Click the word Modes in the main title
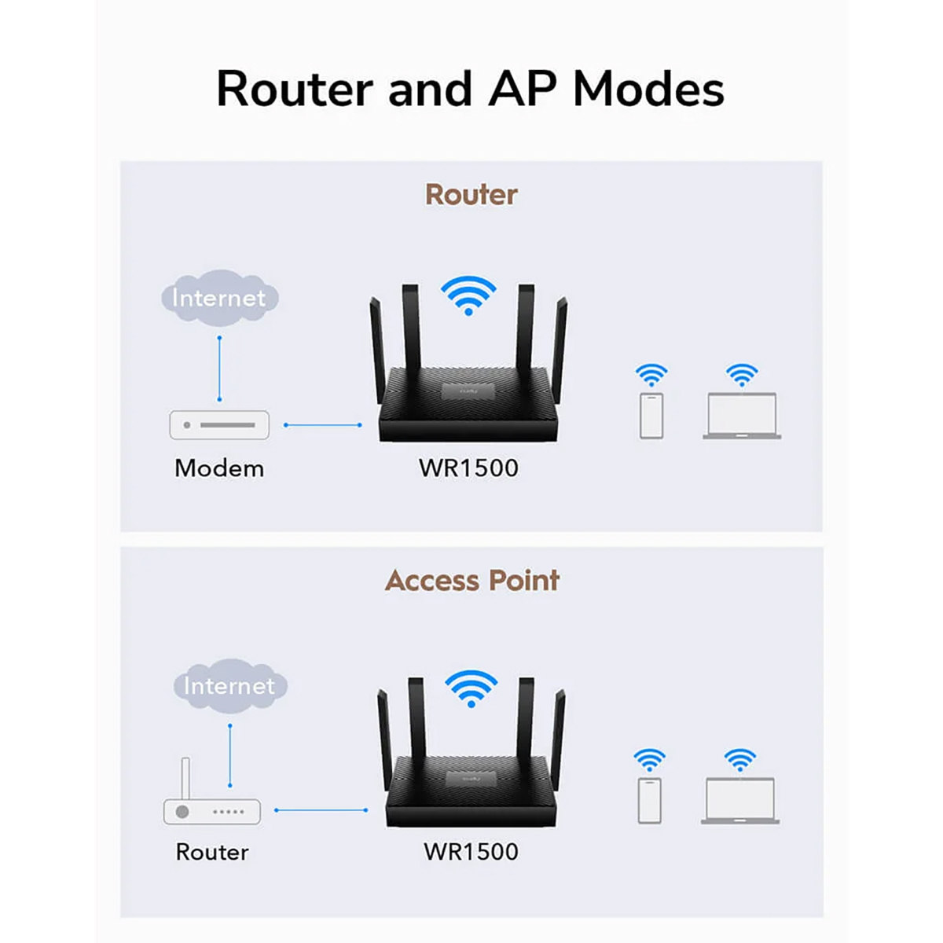coord(648,89)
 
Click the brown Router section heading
coord(471,195)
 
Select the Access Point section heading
coord(472,581)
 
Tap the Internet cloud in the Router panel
coord(219,298)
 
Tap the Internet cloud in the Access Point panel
coord(229,685)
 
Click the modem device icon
coord(219,425)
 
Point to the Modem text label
coord(219,468)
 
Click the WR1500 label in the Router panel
coord(468,468)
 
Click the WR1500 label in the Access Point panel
coord(471,852)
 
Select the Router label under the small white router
coord(212,853)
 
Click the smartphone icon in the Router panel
coord(651,416)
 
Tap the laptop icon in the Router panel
coord(742,416)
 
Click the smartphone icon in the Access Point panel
coord(650,800)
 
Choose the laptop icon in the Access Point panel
coord(740,801)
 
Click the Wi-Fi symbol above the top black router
coord(468,295)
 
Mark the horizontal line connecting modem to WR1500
coord(323,425)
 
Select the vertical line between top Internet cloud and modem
coord(219,369)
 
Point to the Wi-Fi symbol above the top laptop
coord(742,375)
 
